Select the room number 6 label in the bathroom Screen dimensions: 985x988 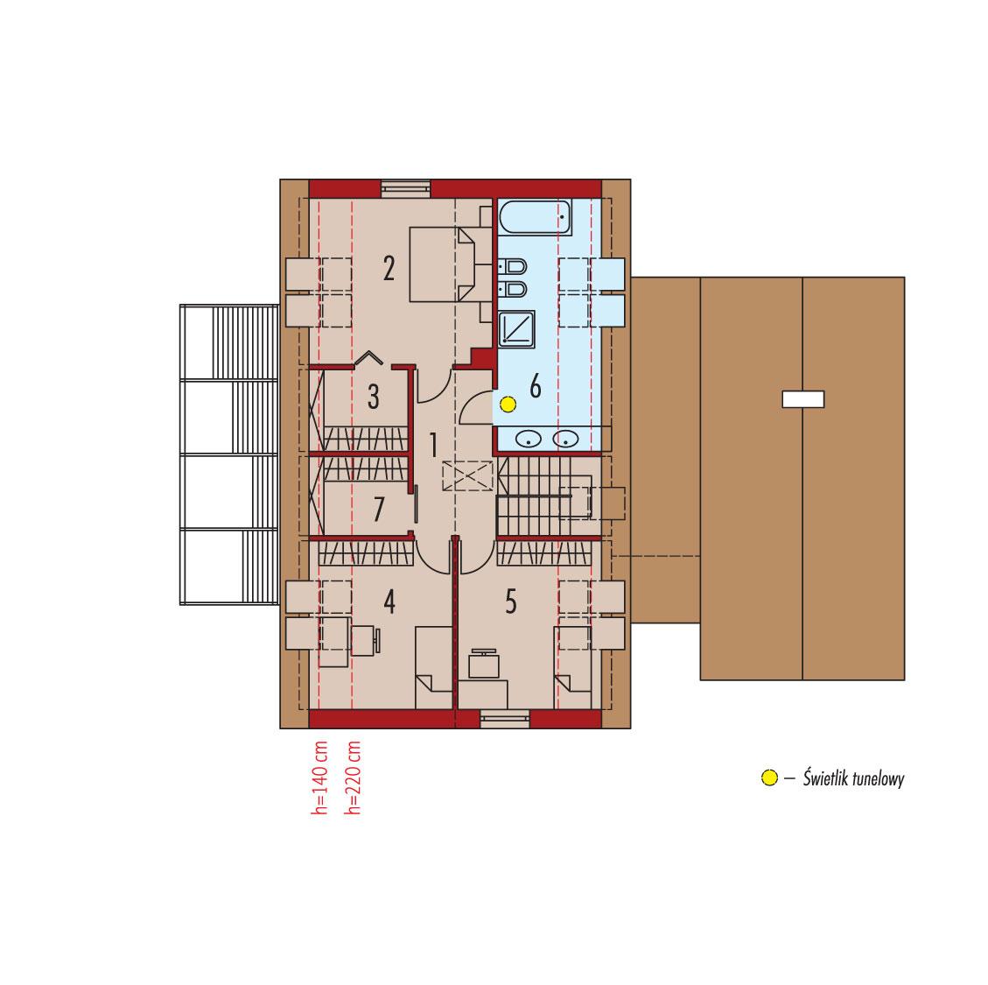(536, 386)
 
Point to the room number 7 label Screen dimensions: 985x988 (378, 510)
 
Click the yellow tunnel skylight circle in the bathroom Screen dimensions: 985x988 (507, 405)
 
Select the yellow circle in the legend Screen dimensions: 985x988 (769, 777)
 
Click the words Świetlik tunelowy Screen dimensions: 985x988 (853, 778)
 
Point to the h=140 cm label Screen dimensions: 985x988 (320, 779)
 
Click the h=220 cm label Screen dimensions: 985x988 (354, 779)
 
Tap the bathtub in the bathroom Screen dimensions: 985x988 (535, 216)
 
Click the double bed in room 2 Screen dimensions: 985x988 (442, 264)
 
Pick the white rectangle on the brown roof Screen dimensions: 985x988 (803, 399)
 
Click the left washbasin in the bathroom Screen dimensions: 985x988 (529, 440)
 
